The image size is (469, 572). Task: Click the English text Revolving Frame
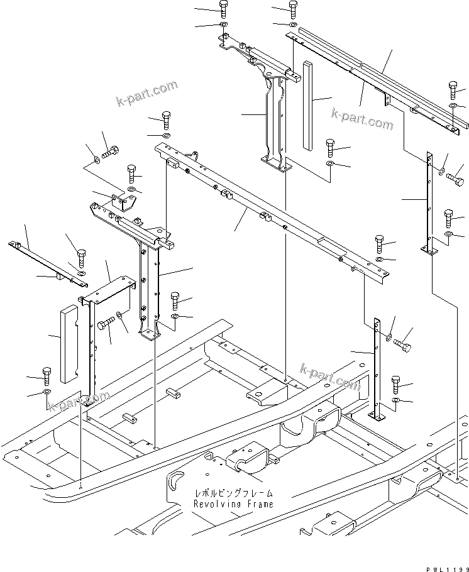pos(233,504)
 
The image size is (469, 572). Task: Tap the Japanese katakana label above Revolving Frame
pos(233,494)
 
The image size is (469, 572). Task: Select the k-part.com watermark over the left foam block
pos(79,401)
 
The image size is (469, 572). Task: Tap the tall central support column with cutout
pos(274,123)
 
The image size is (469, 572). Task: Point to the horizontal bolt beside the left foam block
pos(105,322)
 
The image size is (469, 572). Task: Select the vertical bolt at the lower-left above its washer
pos(47,376)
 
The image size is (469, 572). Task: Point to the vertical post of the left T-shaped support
pos(148,283)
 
